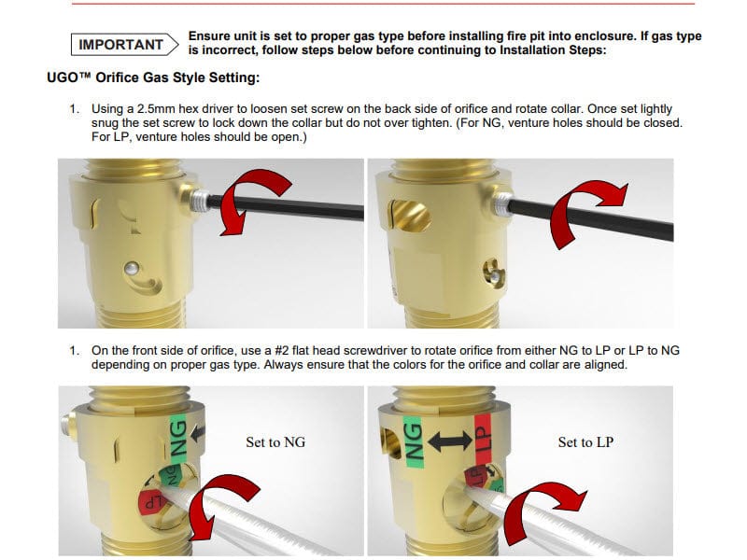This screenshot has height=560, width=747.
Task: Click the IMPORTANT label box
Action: click(x=124, y=44)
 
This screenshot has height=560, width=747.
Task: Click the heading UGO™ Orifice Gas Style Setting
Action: click(x=153, y=77)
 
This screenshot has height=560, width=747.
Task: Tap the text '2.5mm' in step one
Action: click(x=156, y=109)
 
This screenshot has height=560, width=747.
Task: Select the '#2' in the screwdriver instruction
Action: click(x=282, y=351)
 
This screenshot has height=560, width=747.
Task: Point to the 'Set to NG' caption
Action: click(x=275, y=442)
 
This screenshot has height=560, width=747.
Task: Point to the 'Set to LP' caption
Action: click(x=585, y=442)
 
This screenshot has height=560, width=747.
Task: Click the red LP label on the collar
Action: click(x=483, y=440)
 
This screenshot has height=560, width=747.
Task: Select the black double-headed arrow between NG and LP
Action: click(x=450, y=441)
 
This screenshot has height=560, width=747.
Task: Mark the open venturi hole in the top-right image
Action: click(x=410, y=216)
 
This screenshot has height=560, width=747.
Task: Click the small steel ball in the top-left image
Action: click(x=132, y=269)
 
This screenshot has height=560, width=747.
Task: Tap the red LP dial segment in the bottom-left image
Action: click(x=151, y=501)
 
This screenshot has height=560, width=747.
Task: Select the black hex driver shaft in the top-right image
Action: click(x=591, y=219)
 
